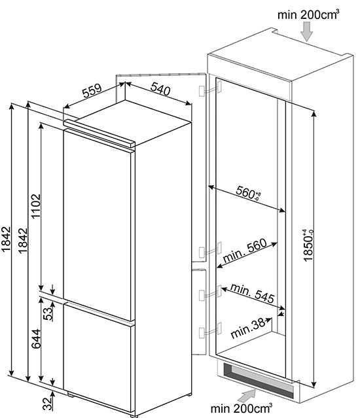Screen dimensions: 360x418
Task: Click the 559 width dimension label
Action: click(x=92, y=91)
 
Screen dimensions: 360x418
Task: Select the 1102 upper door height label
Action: click(x=36, y=206)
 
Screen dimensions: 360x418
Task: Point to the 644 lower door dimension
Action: click(x=36, y=339)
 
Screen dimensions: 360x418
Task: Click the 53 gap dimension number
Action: click(x=48, y=314)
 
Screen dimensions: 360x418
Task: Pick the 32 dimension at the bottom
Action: click(x=48, y=404)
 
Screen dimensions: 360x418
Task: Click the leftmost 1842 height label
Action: click(x=6, y=239)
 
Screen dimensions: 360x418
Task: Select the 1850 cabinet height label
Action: click(x=308, y=246)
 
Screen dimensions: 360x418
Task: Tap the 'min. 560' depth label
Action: click(x=245, y=251)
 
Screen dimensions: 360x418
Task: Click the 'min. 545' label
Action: click(x=252, y=293)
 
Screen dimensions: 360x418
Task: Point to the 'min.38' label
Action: click(x=247, y=328)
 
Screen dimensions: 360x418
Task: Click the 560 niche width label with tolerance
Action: click(x=248, y=192)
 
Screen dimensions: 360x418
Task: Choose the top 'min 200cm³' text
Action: click(x=308, y=14)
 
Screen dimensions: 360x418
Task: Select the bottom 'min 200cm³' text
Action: click(x=242, y=408)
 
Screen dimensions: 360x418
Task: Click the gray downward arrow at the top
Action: click(x=306, y=31)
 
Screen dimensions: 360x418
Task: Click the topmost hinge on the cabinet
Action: click(x=210, y=89)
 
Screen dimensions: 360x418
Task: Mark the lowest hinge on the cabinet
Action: click(x=210, y=330)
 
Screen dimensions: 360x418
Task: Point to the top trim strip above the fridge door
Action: click(x=99, y=133)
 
